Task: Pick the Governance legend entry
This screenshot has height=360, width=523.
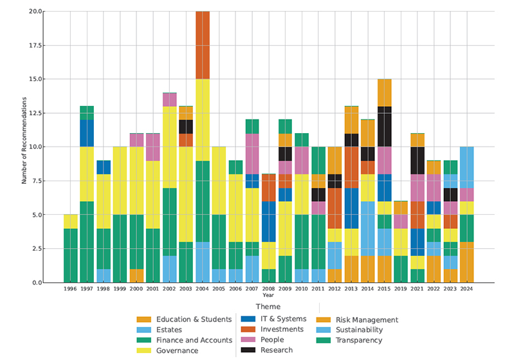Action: click(178, 350)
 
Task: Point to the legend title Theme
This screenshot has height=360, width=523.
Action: click(268, 307)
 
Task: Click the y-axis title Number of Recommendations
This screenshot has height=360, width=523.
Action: click(24, 141)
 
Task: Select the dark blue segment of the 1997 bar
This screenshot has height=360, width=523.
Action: click(87, 133)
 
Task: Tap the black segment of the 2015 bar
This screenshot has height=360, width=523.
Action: click(384, 127)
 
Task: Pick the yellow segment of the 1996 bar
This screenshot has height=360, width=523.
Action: click(70, 221)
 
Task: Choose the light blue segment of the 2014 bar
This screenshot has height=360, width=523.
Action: click(367, 228)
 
